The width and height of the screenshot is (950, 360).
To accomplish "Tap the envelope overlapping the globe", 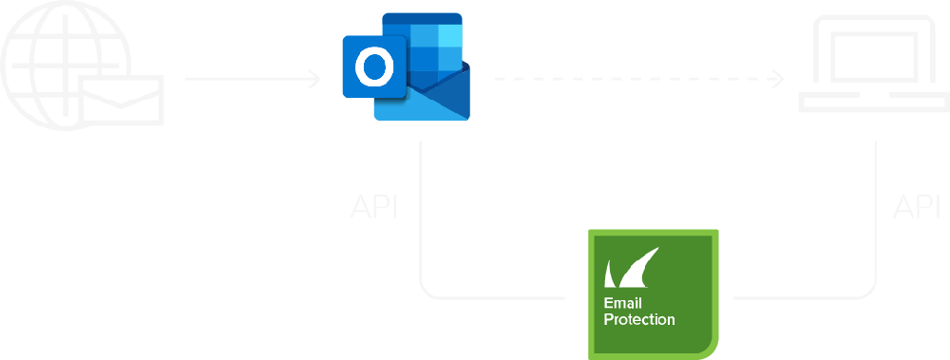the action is coord(122,100).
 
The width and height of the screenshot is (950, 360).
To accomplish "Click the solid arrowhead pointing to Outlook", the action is coord(313,79).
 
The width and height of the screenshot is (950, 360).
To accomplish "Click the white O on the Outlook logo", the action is coord(374,66).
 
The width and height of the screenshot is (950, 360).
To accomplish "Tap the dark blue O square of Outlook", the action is coord(374,66).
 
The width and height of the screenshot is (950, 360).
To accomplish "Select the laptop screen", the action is coord(874,57).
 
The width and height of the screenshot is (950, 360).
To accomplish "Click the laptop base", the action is coord(874,102).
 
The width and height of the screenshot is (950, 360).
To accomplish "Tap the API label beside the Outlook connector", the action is coord(373,207).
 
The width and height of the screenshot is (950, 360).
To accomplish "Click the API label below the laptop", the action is coord(916,207).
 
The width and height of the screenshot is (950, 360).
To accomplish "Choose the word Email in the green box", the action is coord(622,304).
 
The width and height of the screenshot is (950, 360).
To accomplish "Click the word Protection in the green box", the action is coord(639,319).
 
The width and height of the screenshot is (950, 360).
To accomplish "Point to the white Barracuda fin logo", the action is coord(632,267).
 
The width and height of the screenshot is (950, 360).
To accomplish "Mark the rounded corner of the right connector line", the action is coord(870,293).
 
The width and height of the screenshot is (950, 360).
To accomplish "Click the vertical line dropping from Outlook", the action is coord(421,212).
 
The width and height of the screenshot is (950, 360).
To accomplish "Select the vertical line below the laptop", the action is coord(876,212).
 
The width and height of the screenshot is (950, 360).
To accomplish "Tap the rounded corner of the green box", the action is coord(710,351).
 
